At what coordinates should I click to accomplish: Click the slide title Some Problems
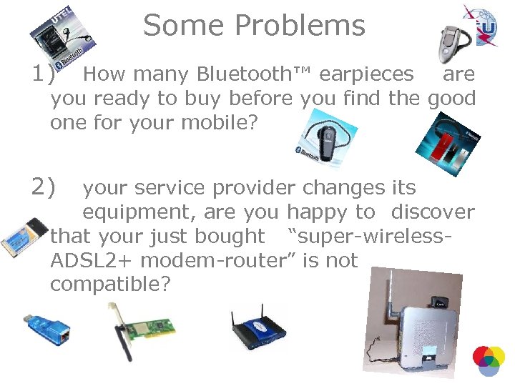[254, 26]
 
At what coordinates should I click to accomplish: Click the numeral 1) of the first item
[43, 74]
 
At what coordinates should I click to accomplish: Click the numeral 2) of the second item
[43, 187]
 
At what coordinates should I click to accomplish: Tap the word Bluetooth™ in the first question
[255, 74]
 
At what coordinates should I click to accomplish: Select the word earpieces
[366, 74]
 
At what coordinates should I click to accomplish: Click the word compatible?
[110, 284]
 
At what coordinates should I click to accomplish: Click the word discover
[432, 212]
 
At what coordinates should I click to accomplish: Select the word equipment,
[140, 212]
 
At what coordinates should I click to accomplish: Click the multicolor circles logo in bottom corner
[489, 361]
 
